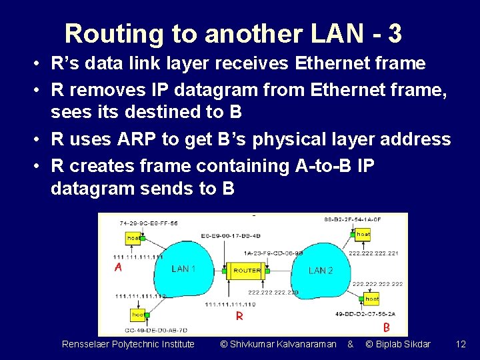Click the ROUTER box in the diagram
247,271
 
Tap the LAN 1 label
183,269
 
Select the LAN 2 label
321,270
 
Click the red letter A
118,267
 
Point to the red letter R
238,315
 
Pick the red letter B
386,327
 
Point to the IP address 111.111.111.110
229,304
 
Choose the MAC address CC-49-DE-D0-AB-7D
156,329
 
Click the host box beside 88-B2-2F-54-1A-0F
363,235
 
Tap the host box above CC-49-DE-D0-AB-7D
137,314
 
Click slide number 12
460,344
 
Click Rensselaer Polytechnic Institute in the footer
128,344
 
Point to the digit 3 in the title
394,33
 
